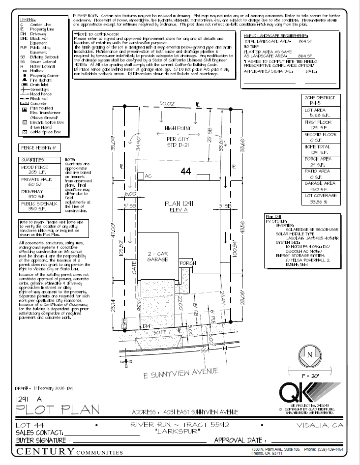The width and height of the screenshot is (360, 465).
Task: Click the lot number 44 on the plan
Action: tap(185, 172)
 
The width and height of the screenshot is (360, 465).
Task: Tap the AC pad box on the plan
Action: tap(141, 176)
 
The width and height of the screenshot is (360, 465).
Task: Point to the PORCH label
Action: tap(188, 263)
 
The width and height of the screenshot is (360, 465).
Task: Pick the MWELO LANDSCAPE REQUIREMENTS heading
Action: tap(276, 36)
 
